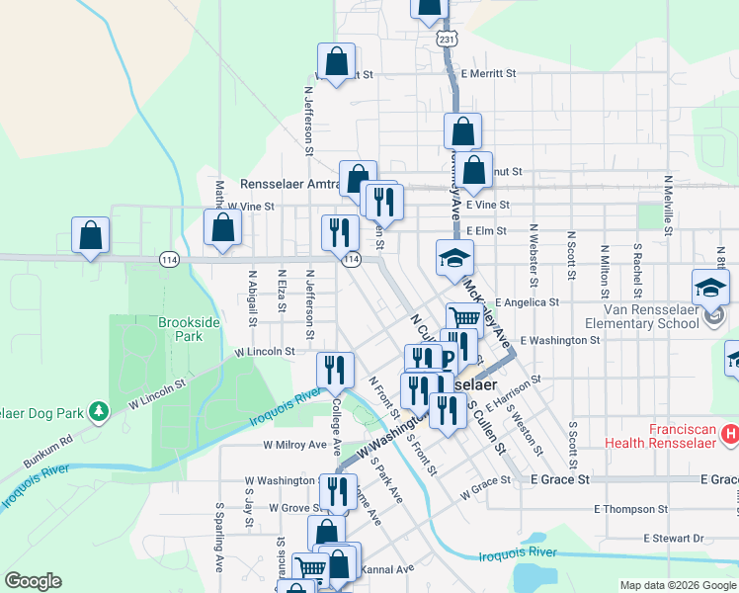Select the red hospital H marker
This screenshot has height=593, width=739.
730,433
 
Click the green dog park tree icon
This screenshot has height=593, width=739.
98,410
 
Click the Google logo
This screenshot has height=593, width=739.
33,581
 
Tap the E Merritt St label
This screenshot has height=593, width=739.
480,74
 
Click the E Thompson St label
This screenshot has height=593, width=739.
630,509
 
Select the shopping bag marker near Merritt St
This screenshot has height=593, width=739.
336,61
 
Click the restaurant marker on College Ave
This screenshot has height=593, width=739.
335,370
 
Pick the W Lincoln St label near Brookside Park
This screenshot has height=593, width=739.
264,351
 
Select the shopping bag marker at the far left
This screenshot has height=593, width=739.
90,235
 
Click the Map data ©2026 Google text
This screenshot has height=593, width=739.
677,585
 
